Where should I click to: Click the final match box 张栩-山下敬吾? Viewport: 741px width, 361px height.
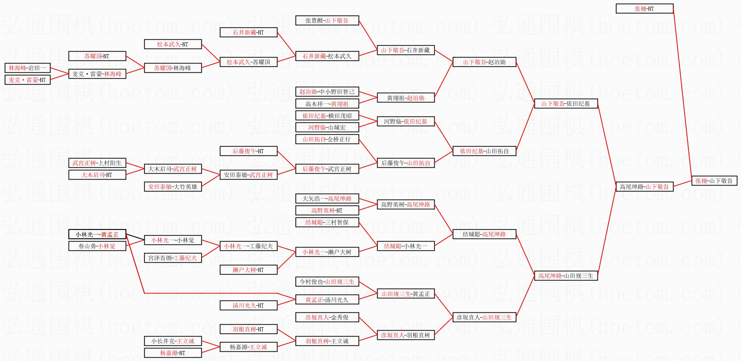pos(714,181)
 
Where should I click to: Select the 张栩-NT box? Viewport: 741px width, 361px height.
pos(645,9)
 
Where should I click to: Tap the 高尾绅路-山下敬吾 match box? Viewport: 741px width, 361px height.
pos(645,187)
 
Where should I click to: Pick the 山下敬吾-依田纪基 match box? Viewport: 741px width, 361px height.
pos(566,104)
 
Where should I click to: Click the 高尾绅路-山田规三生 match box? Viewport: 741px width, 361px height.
pos(566,276)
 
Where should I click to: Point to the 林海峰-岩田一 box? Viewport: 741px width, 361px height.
pos(27,68)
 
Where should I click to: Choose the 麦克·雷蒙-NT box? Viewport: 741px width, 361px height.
pos(27,80)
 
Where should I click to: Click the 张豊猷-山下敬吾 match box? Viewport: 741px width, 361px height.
pos(327,20)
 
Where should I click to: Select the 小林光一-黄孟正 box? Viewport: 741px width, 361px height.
pos(97,234)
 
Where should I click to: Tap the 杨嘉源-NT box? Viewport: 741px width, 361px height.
pos(173,353)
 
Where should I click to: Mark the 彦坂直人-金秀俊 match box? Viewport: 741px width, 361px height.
pos(327,317)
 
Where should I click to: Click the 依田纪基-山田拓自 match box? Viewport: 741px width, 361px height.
pos(484,151)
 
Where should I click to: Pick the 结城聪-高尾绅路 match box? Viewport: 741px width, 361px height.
pos(484,234)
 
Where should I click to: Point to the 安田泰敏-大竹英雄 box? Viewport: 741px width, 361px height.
pos(173,187)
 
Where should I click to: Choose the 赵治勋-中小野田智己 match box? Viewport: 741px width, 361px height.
pos(327,92)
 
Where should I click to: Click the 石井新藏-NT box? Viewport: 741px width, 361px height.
pos(248,32)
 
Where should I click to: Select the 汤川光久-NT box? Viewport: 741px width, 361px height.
pos(248,305)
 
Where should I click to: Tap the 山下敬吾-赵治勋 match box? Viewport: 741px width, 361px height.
pos(484,62)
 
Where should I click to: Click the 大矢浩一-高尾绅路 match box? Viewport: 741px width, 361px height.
pos(327,198)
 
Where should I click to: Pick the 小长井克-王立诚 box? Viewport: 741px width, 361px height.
pos(173,341)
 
